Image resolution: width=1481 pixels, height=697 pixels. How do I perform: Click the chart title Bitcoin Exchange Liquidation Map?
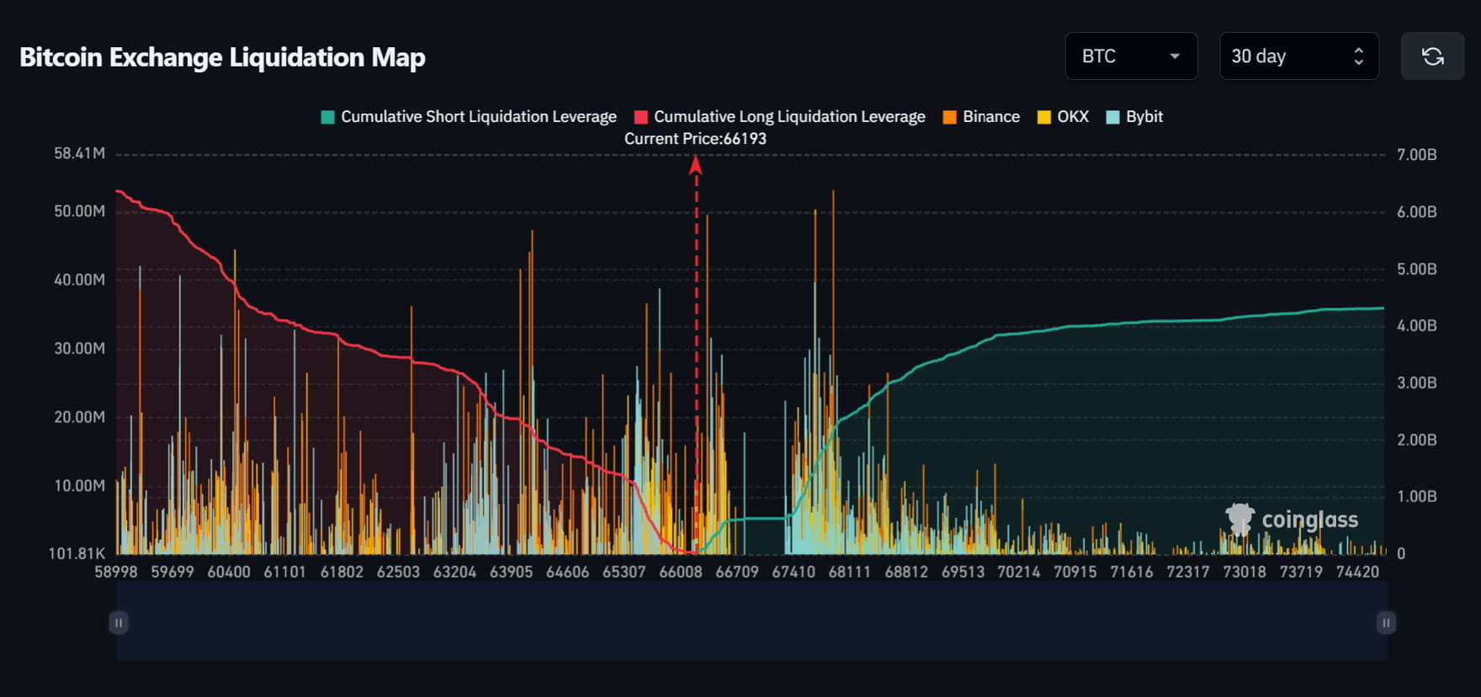tap(222, 57)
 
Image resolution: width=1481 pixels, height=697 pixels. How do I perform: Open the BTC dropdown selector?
tap(1130, 56)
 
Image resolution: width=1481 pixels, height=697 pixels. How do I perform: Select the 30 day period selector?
tap(1298, 56)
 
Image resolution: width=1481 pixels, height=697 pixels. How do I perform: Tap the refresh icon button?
tap(1432, 56)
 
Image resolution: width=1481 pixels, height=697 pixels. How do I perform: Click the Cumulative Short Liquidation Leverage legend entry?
tap(469, 117)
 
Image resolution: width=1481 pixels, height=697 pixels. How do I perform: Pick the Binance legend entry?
tap(981, 117)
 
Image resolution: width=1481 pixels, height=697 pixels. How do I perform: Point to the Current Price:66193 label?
tap(695, 139)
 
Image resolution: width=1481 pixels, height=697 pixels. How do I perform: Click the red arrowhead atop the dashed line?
tap(696, 165)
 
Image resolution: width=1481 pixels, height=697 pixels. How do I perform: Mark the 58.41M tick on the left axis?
tap(79, 153)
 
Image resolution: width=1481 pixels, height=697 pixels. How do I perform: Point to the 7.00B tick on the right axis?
tap(1416, 155)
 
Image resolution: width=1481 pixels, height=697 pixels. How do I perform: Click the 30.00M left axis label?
tap(79, 348)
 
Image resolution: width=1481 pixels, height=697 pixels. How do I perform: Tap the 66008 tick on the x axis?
tap(680, 572)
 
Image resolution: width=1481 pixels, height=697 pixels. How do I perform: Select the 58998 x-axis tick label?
tap(115, 572)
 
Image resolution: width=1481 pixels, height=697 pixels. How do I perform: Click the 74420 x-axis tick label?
tap(1357, 572)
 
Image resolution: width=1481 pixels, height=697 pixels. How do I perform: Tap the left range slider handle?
tap(119, 623)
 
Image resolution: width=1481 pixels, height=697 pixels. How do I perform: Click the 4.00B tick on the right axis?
tap(1416, 326)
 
